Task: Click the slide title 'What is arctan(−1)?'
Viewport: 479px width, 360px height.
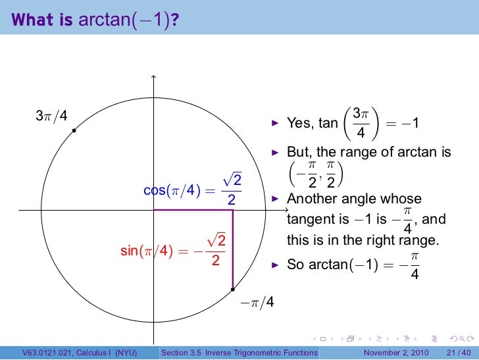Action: point(95,22)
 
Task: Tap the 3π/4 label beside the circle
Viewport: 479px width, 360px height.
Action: point(51,116)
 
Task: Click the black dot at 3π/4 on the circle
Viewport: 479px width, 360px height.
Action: point(74,131)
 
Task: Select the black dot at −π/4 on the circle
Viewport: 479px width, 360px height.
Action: point(233,289)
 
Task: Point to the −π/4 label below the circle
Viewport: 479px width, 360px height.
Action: point(257,303)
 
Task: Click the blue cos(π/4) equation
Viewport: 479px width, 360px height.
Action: point(193,190)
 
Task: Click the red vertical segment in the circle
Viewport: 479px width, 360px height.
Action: point(233,250)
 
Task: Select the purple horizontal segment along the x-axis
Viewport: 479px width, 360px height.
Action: point(193,210)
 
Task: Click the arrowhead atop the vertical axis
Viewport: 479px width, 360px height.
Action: point(153,78)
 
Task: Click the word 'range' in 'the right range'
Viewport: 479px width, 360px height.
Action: point(419,242)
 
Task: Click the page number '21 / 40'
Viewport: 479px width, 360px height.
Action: point(458,353)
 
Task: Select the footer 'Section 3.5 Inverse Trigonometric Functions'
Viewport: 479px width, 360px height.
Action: point(239,353)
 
